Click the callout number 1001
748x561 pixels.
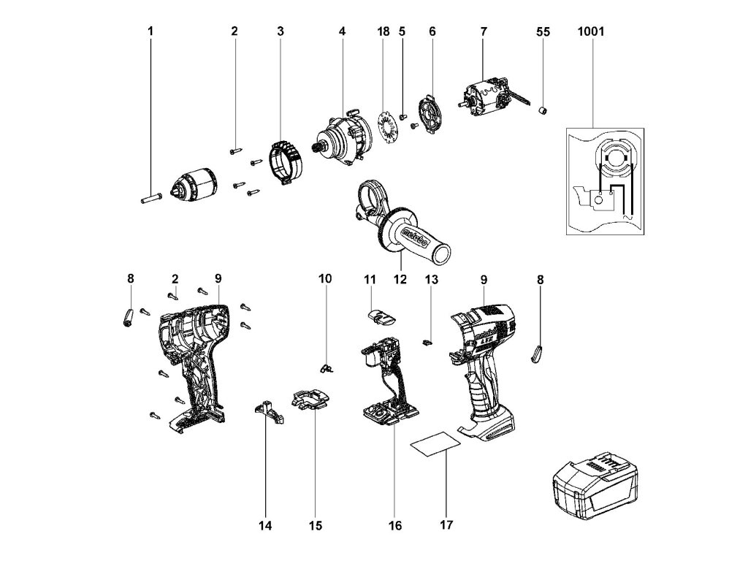(x=591, y=32)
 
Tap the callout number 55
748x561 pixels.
(x=543, y=32)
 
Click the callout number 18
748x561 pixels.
(x=383, y=32)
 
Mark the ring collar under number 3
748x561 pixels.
(x=286, y=162)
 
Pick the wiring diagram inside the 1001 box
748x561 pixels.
(x=605, y=181)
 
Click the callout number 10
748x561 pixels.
(x=325, y=278)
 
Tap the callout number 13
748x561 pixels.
(x=431, y=278)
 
